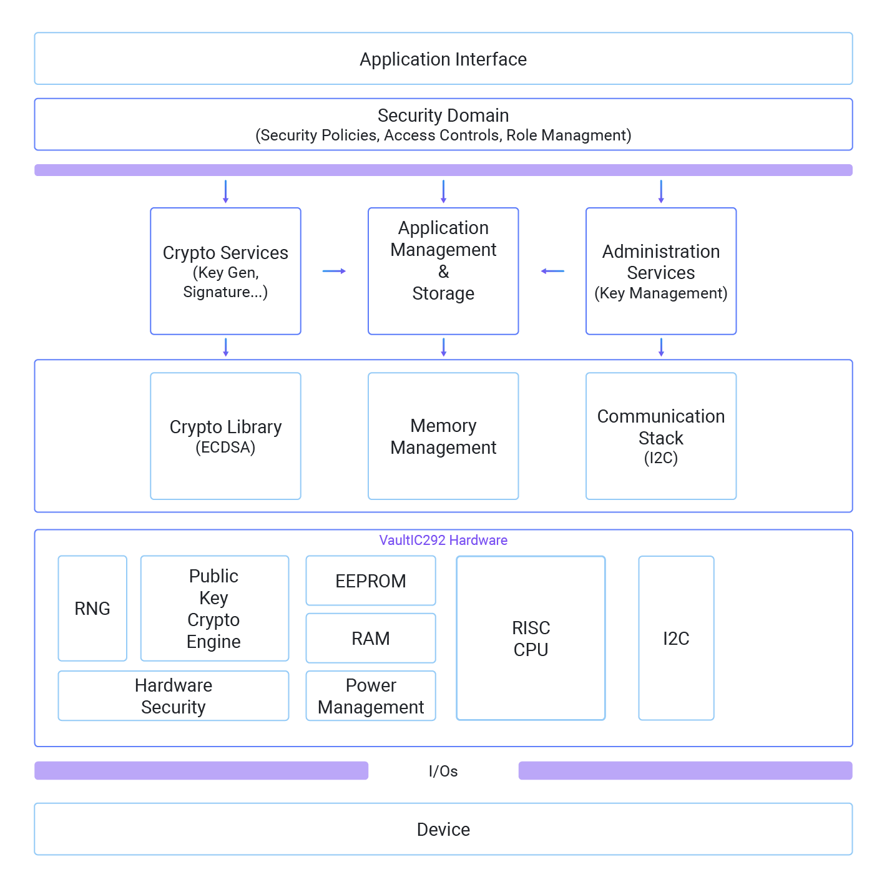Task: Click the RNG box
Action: click(92, 608)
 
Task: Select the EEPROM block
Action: click(370, 581)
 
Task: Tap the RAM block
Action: click(370, 638)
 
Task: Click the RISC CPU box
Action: click(531, 638)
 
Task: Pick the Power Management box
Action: click(370, 695)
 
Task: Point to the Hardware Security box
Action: click(173, 695)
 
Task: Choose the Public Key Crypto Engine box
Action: click(214, 608)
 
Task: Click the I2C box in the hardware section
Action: click(676, 638)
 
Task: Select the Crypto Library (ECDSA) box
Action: click(225, 436)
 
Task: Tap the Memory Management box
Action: click(443, 436)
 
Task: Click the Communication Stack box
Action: click(661, 436)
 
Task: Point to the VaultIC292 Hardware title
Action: click(443, 540)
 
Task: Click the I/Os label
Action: click(443, 771)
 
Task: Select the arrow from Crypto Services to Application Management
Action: click(334, 271)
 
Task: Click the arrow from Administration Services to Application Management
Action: click(552, 271)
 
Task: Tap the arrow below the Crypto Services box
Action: click(225, 347)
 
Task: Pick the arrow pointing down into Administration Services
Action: click(661, 192)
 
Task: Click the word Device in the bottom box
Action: click(443, 829)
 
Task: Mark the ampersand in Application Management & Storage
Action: click(443, 272)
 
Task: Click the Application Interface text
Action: click(443, 59)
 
